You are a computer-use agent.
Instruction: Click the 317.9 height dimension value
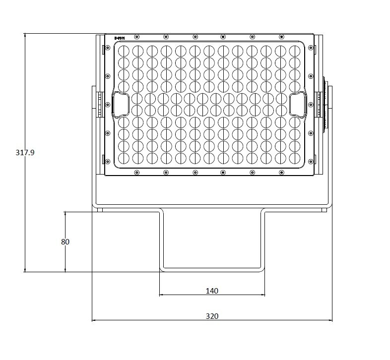pos(25,153)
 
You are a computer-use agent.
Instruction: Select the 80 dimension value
pos(65,241)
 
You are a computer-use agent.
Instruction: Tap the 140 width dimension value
pos(212,291)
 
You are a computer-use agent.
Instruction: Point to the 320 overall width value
pos(212,316)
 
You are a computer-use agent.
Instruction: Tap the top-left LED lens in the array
pos(124,51)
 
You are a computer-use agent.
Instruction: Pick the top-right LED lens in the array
pos(295,51)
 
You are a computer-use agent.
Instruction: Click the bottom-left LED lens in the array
pos(124,158)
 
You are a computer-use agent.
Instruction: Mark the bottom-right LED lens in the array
pos(295,158)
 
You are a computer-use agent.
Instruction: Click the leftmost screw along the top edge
pos(137,37)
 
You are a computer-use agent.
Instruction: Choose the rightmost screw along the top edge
pos(281,37)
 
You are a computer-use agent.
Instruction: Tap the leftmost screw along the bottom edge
pos(137,173)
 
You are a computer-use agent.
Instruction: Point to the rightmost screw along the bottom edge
pos(281,173)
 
